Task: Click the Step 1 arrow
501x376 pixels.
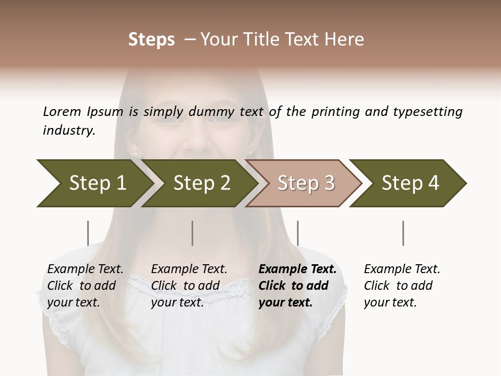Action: (97, 183)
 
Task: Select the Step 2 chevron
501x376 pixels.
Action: (201, 183)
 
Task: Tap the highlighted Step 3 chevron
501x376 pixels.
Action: (305, 183)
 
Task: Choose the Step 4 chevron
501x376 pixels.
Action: (410, 183)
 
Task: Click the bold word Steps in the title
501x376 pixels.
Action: (151, 40)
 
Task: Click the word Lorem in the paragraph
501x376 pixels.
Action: (62, 111)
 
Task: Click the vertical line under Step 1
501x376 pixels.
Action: (88, 233)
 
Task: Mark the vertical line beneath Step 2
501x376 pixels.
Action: (193, 233)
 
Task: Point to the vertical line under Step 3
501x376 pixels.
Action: (297, 233)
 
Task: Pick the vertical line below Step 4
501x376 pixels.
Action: (403, 233)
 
